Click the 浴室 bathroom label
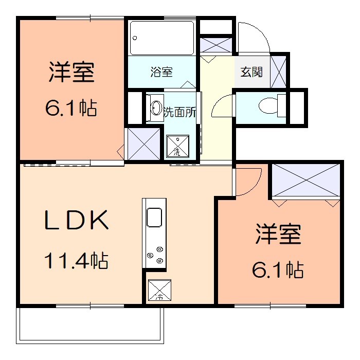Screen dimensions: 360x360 tap(161, 72)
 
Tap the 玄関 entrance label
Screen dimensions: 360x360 tap(252, 72)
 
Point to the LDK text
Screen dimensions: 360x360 tap(76, 221)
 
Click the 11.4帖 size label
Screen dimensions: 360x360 tap(76, 261)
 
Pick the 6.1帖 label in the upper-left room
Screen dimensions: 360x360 tap(71, 109)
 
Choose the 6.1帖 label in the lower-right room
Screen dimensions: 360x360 tap(278, 269)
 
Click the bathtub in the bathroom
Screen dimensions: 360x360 tap(161, 38)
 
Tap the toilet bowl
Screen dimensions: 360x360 tap(268, 106)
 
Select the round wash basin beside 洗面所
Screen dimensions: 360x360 tap(155, 109)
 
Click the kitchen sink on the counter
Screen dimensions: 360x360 tap(155, 217)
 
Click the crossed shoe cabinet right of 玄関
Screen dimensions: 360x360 tap(279, 71)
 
